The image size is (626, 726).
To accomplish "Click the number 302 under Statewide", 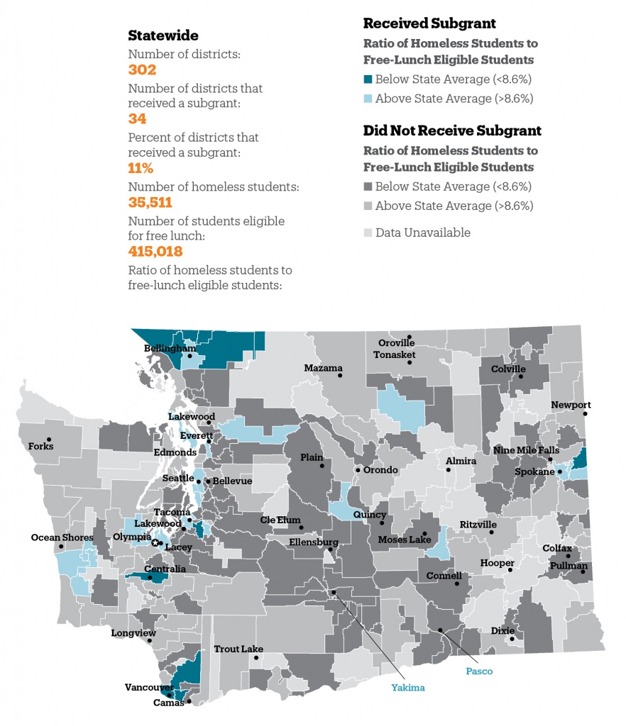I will click(142, 69).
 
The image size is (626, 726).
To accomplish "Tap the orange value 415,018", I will click(155, 252).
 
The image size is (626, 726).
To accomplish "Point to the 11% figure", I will click(141, 168).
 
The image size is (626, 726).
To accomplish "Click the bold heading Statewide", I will click(163, 35).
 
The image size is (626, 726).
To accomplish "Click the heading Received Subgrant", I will click(429, 23).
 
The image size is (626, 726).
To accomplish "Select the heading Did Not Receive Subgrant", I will click(452, 130).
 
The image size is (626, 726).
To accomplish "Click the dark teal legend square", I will click(368, 79).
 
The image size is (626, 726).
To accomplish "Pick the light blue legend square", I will click(368, 99).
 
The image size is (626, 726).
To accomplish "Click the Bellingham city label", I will click(170, 349).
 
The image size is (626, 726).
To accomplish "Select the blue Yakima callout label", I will click(408, 686).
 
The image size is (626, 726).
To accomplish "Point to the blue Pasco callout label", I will click(479, 671).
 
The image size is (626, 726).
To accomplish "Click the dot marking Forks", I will click(49, 439).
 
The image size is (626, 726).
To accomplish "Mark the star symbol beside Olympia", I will click(155, 542).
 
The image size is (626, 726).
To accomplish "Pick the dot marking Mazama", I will click(340, 376).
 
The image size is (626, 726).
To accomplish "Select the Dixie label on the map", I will click(503, 630).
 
